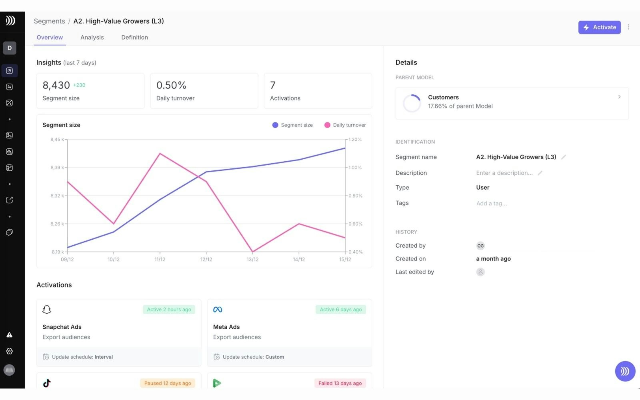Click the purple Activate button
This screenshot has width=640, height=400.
[599, 27]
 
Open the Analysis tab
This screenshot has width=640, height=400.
[92, 37]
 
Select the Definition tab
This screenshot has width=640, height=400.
[134, 37]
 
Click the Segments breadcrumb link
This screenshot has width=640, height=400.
[49, 21]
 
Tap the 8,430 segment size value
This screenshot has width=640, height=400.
[56, 85]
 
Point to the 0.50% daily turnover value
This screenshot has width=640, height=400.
[171, 85]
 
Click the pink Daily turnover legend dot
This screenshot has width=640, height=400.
[327, 125]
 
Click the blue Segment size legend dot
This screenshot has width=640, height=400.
[275, 125]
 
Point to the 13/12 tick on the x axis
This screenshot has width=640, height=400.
[252, 259]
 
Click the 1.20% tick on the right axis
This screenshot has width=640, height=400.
[355, 140]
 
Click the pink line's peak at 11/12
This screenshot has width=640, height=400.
[160, 154]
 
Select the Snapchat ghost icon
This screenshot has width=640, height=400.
[47, 310]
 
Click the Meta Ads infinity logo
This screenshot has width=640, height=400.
[218, 310]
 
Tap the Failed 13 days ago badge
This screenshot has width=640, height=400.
[340, 383]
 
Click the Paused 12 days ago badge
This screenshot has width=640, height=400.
[168, 383]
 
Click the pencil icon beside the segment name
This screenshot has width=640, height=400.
[564, 157]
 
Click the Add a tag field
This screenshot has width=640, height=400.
[492, 203]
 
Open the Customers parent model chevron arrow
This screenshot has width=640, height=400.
[619, 97]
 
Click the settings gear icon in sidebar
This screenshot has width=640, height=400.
[10, 351]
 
